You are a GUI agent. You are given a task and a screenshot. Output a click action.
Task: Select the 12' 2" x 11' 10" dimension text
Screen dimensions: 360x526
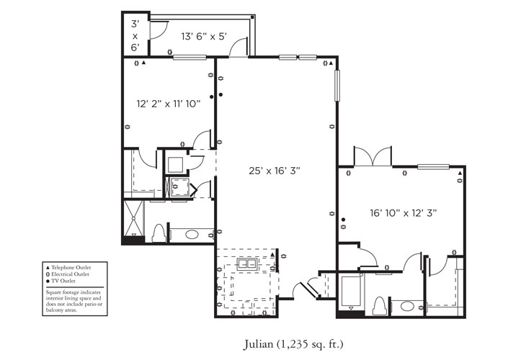[x=168, y=104]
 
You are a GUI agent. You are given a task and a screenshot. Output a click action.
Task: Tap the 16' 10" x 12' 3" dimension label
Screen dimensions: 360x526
[x=403, y=212]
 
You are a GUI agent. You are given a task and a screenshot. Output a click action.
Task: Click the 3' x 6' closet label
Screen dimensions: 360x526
[x=135, y=35]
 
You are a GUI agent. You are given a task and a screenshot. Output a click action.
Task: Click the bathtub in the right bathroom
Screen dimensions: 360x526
[x=351, y=292]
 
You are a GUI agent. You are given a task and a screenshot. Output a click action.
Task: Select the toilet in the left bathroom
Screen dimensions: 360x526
[x=159, y=233]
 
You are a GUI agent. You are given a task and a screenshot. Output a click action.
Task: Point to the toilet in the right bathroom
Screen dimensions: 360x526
[x=380, y=305]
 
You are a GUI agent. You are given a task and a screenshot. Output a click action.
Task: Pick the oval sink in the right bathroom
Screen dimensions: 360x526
[x=407, y=306]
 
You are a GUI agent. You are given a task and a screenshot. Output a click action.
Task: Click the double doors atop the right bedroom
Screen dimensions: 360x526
[x=373, y=156]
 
